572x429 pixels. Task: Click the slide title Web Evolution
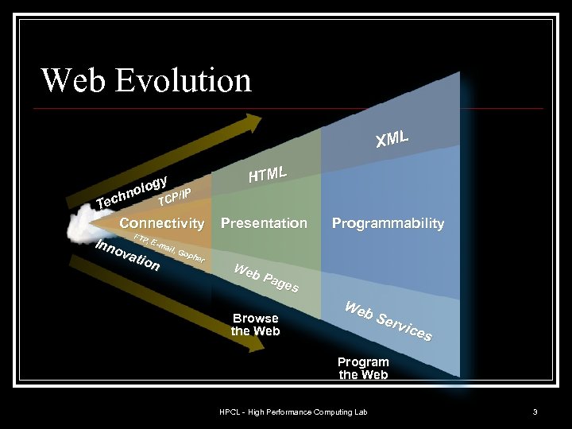pyautogui.click(x=146, y=80)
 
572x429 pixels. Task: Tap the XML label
pyautogui.click(x=392, y=138)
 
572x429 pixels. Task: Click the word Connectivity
pyautogui.click(x=161, y=223)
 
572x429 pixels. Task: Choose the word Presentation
pyautogui.click(x=264, y=223)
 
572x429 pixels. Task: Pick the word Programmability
pyautogui.click(x=388, y=223)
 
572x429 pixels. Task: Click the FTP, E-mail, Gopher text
pyautogui.click(x=170, y=248)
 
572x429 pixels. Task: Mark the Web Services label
pyautogui.click(x=388, y=322)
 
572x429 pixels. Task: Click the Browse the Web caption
pyautogui.click(x=255, y=325)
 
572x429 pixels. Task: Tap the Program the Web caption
pyautogui.click(x=363, y=368)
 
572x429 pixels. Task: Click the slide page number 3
pyautogui.click(x=535, y=412)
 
